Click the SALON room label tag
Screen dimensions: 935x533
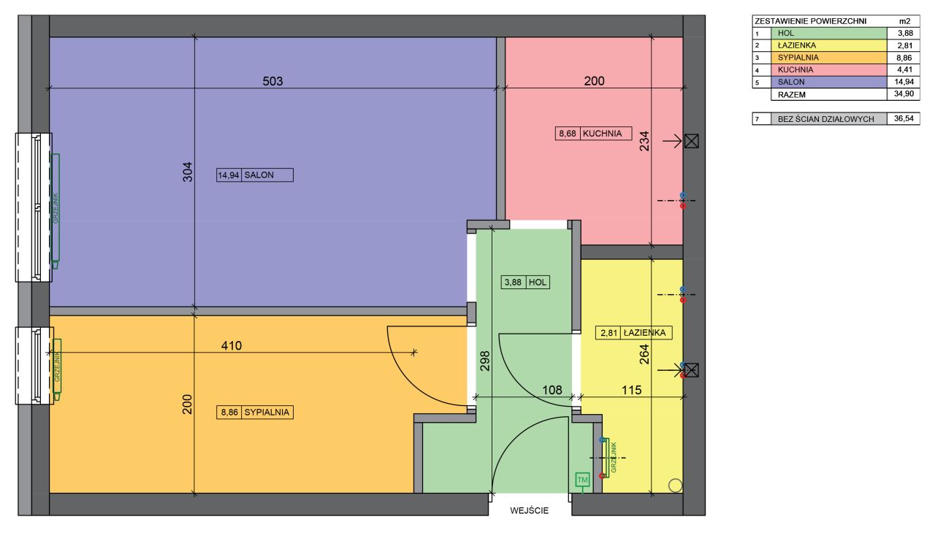(255, 175)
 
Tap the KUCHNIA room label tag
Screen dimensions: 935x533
(593, 134)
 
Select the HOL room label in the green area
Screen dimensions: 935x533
(525, 283)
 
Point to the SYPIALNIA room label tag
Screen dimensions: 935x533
(255, 412)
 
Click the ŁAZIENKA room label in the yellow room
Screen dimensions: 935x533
(633, 333)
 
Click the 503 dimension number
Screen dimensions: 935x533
(272, 81)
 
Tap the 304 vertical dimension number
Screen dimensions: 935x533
(188, 172)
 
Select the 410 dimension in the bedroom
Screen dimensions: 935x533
(232, 346)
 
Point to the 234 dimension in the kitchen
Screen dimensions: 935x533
(644, 141)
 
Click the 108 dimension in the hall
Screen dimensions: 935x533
(552, 390)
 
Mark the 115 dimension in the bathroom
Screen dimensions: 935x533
(632, 390)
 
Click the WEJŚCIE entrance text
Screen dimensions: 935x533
(530, 510)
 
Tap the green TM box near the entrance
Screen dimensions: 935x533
(582, 480)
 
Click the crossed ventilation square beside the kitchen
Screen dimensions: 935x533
(692, 142)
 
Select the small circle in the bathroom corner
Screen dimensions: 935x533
(675, 486)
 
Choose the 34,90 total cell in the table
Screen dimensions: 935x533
(904, 94)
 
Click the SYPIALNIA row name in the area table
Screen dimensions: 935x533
(798, 58)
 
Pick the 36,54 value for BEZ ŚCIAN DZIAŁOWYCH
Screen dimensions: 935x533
(904, 118)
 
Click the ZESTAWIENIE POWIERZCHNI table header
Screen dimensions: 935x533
(811, 21)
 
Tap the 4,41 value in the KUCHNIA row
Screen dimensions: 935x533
(904, 69)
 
